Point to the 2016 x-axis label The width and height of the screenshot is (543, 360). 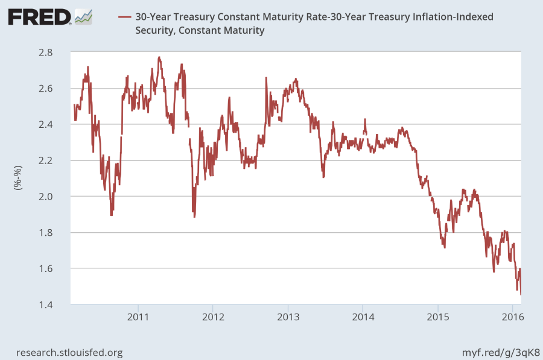coord(512,317)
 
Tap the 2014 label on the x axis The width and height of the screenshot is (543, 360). coord(363,317)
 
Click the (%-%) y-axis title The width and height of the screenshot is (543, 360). coord(17,178)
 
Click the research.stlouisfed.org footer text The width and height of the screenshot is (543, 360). coord(69,352)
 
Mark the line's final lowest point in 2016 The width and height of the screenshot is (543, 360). coord(521,294)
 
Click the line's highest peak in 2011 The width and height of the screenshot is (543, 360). coord(159,57)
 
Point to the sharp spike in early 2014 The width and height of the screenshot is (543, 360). coord(364,119)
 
